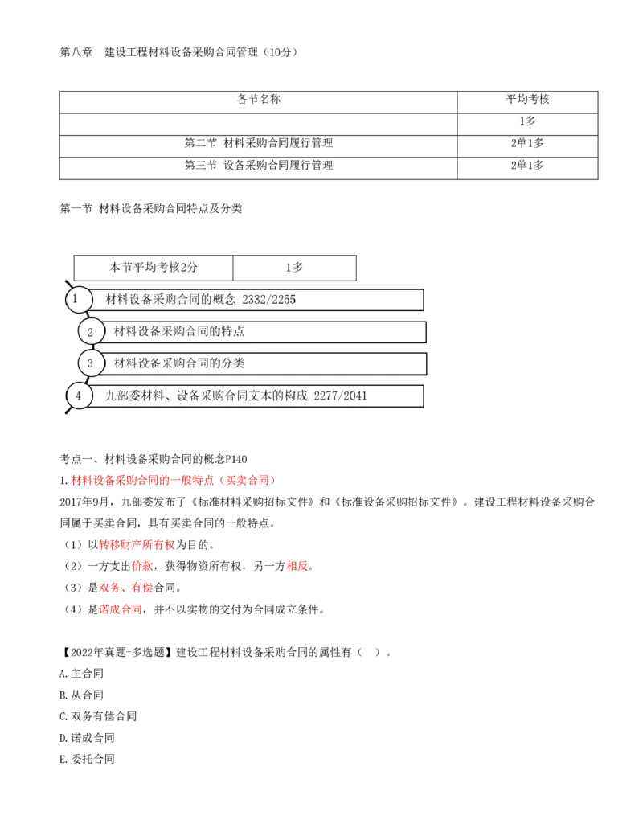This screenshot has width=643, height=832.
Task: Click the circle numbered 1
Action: click(77, 299)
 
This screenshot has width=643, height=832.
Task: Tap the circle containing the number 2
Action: click(91, 331)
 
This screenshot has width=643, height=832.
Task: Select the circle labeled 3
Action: click(91, 363)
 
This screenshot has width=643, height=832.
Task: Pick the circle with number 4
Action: click(78, 396)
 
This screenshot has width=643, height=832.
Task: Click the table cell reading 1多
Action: click(294, 268)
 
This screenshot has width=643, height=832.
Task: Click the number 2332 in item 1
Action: click(255, 300)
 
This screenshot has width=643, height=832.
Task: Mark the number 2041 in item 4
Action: click(354, 396)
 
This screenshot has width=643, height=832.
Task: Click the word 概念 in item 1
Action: click(226, 300)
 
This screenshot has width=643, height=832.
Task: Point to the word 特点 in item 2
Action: click(234, 331)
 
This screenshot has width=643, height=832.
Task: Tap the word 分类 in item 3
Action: click(234, 363)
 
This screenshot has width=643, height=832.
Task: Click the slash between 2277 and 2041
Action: click(340, 396)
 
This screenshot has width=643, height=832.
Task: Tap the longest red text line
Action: click(174, 481)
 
